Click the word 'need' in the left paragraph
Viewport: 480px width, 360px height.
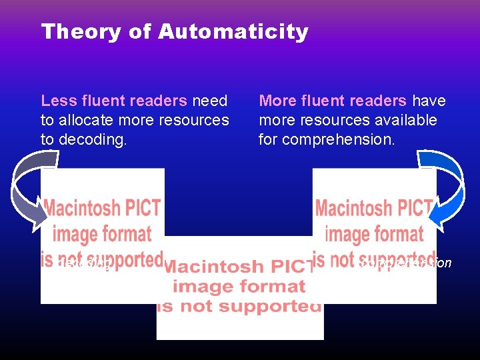[210, 101]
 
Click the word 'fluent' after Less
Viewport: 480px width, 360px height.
[99, 101]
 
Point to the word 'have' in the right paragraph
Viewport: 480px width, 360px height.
[429, 101]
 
